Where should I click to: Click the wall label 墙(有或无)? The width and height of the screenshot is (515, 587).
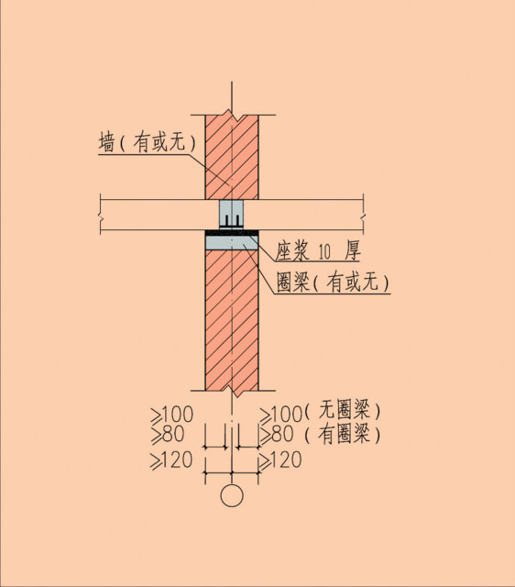[147, 142]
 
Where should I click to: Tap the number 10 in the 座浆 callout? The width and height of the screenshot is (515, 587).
[323, 252]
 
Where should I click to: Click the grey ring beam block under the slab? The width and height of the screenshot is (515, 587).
[232, 242]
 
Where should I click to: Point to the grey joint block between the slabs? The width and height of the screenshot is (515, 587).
[232, 214]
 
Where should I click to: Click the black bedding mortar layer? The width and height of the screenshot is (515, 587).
[232, 232]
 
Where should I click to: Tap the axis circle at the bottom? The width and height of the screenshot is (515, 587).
[232, 495]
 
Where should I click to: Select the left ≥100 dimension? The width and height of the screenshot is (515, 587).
[172, 415]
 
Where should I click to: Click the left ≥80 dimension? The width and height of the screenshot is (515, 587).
[168, 435]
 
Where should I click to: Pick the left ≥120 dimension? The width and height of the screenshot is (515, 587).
[171, 460]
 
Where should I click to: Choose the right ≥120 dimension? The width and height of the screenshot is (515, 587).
[280, 460]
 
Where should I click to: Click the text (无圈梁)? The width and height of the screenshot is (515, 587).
[342, 410]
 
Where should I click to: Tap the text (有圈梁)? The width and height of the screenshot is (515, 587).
[342, 434]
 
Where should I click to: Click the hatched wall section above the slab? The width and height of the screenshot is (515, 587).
[232, 157]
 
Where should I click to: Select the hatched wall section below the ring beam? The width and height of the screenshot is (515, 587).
[232, 320]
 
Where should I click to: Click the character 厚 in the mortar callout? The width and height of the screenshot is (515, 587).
[353, 250]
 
